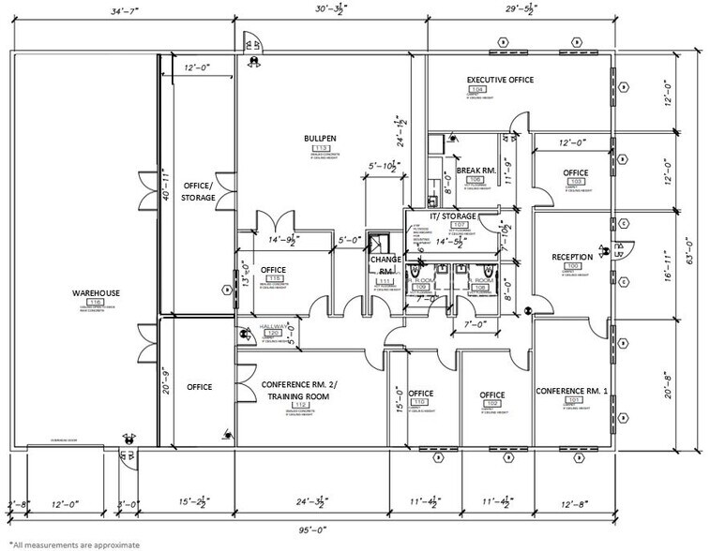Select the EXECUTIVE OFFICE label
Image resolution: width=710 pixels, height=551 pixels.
500,81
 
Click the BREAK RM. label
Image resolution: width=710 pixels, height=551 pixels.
476,170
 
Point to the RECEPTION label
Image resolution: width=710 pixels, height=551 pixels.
569,257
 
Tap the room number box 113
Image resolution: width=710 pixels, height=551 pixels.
320,148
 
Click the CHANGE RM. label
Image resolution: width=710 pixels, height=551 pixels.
385,264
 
